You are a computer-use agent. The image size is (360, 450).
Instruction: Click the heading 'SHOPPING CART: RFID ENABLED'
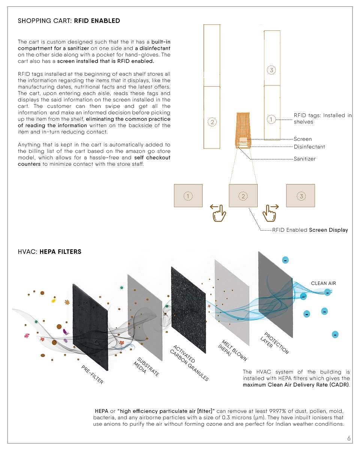(x=69, y=21)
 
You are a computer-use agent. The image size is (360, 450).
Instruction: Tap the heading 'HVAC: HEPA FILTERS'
(x=49, y=252)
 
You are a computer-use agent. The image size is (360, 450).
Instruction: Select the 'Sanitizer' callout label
(x=304, y=159)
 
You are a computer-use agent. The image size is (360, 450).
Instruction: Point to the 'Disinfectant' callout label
(x=309, y=147)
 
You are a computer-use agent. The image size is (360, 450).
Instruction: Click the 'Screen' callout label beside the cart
(x=303, y=139)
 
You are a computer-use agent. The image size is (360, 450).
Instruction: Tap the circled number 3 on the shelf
(x=272, y=70)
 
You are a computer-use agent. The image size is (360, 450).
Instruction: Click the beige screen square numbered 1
(x=188, y=196)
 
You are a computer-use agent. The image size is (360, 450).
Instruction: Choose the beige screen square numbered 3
(x=300, y=196)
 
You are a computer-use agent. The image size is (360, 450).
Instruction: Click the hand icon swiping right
(x=270, y=213)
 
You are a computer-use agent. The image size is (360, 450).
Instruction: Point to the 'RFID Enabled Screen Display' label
(x=310, y=230)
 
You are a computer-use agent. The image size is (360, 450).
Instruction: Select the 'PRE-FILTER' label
(x=92, y=375)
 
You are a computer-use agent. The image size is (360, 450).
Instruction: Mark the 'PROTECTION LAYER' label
(x=274, y=343)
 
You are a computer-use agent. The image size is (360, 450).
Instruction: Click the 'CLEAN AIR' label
(x=324, y=283)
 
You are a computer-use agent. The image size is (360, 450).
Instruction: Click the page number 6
(x=349, y=438)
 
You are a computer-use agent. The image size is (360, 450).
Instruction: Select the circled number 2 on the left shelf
(x=212, y=122)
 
